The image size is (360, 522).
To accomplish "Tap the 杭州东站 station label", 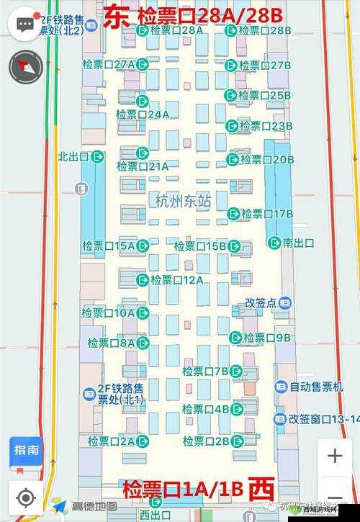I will tap(183, 202).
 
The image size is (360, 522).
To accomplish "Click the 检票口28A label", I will tap(180, 31).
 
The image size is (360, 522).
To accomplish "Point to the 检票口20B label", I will tap(266, 159).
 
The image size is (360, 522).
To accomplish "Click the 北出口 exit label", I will tap(73, 156).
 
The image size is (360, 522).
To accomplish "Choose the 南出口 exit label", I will tap(298, 243).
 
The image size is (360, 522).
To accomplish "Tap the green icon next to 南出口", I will tap(274, 243).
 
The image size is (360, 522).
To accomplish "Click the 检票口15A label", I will tap(108, 246).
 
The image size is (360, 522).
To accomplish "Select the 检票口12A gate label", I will tap(177, 279).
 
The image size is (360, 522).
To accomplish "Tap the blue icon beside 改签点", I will tap(285, 302).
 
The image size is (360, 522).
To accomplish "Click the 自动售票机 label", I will tap(316, 387).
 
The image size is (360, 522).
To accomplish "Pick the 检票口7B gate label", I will tap(205, 371).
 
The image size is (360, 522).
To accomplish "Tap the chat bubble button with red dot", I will tap(25, 24).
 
